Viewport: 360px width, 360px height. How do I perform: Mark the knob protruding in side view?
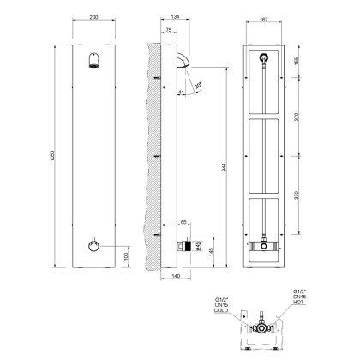[x=181, y=245]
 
